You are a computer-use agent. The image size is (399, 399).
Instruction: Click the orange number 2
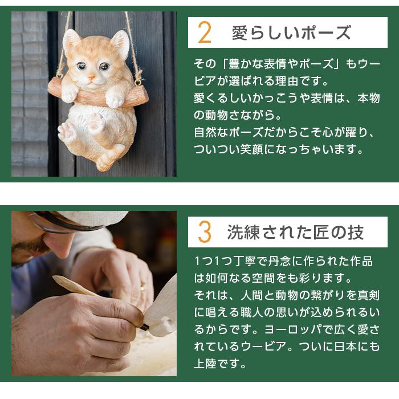[x=204, y=33]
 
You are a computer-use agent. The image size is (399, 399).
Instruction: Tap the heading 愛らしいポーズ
[x=291, y=33]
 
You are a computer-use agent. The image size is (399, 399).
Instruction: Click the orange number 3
[x=204, y=232]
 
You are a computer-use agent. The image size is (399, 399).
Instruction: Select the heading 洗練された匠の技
[x=295, y=232]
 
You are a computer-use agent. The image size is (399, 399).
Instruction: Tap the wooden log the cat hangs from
[x=97, y=95]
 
